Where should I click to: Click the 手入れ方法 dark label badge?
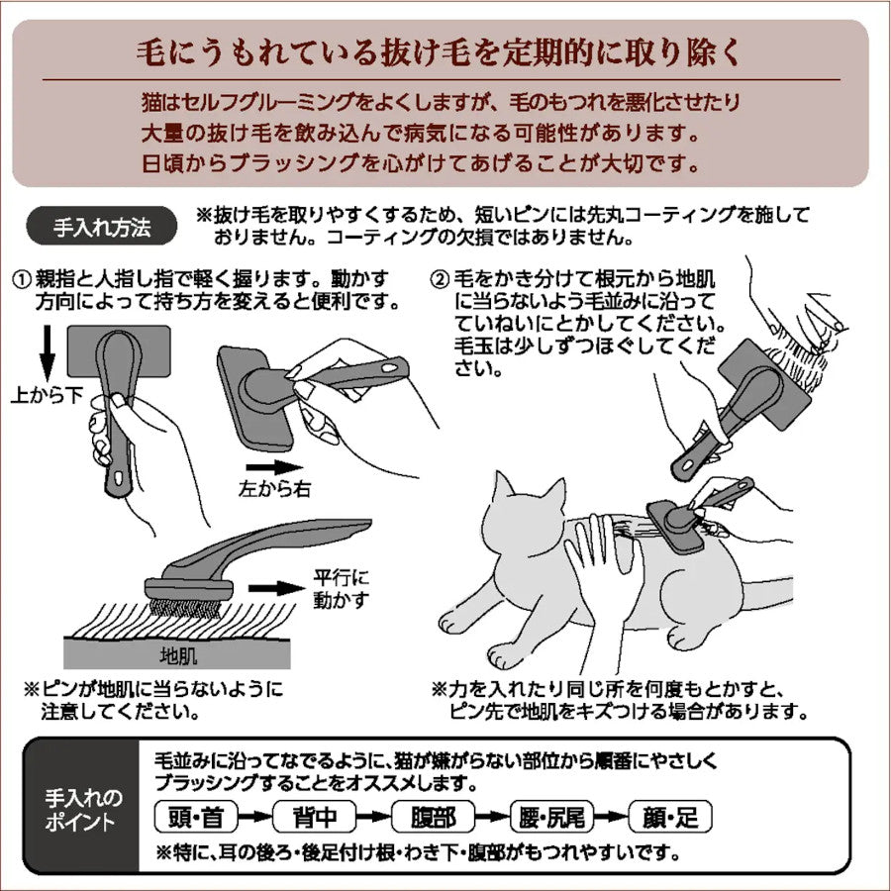102,227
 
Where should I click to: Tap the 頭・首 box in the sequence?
196,817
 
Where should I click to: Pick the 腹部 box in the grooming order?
432,817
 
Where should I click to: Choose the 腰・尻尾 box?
551,817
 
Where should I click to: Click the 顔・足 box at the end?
670,817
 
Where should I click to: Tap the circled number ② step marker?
440,277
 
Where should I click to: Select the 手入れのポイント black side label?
84,807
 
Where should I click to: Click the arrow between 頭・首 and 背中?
253,818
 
